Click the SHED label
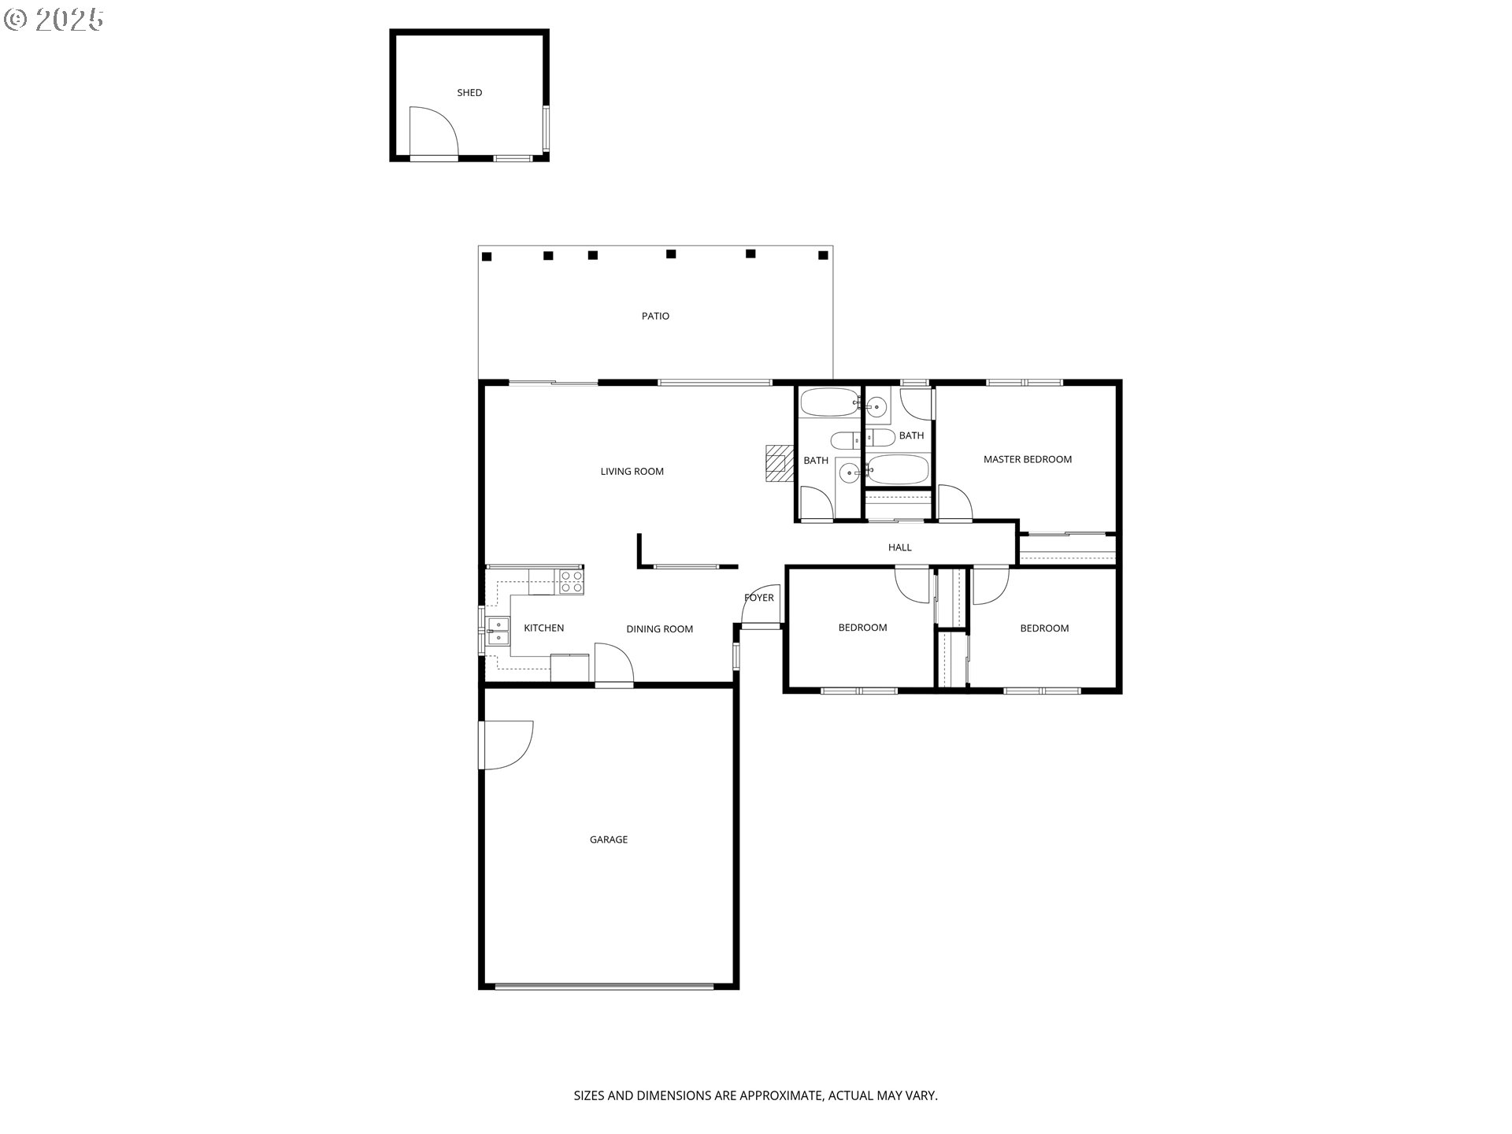(x=469, y=93)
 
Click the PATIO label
(x=655, y=316)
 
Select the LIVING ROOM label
(x=632, y=472)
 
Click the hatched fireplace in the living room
(x=777, y=463)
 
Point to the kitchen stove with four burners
(x=572, y=582)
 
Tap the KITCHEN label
(x=543, y=628)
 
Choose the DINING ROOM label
(x=659, y=629)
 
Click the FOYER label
(x=759, y=598)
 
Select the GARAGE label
(x=609, y=839)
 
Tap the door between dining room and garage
(x=614, y=665)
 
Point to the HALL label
(x=900, y=547)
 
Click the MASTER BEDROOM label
(x=1028, y=459)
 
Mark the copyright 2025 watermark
(x=54, y=20)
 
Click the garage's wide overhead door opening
(x=605, y=985)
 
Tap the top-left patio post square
(x=487, y=257)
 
